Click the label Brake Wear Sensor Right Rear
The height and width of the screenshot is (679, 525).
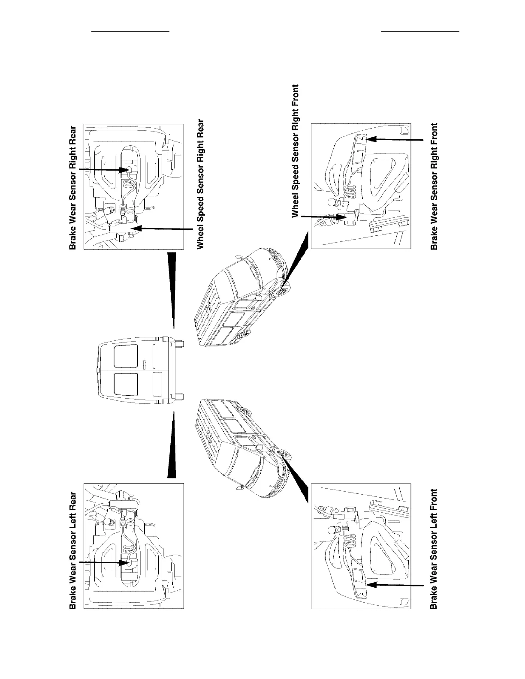[x=73, y=187]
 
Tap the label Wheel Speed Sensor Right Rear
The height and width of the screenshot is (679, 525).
[x=200, y=184]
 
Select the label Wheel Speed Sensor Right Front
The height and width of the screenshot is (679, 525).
[x=296, y=151]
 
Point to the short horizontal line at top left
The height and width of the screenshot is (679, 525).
[x=132, y=31]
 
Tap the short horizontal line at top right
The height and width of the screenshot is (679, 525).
[x=420, y=31]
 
